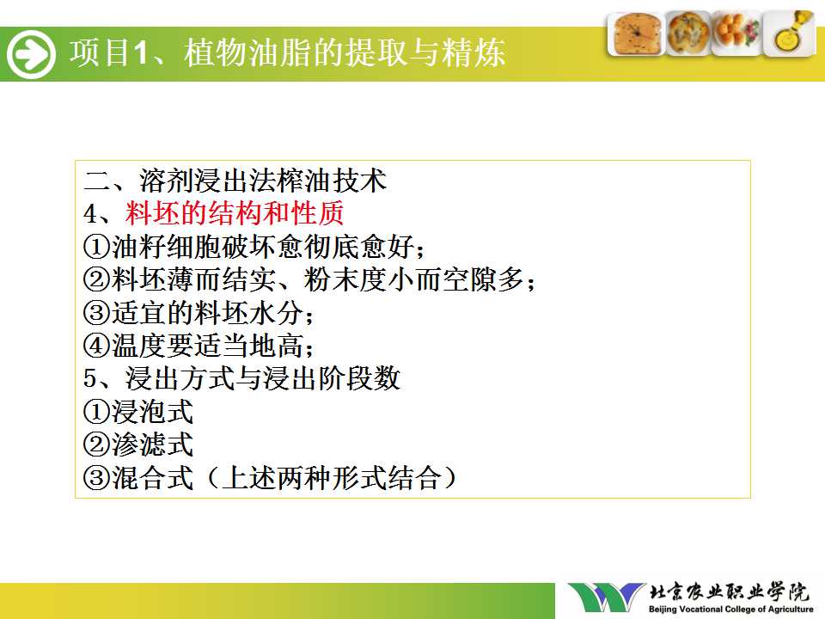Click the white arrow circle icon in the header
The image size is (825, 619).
coord(31,53)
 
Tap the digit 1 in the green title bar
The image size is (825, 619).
coord(140,53)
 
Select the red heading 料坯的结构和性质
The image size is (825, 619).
coord(234,213)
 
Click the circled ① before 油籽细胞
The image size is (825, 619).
coord(97,247)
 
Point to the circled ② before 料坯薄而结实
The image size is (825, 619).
coord(97,279)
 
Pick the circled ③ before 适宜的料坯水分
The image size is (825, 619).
coord(97,313)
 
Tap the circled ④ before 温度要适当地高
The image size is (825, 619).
coord(97,346)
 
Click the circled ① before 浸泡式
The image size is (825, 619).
coord(97,412)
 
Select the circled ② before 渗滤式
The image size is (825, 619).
coord(97,444)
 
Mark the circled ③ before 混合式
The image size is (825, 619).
coord(97,478)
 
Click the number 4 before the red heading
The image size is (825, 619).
coord(90,214)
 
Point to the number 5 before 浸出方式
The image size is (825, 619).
coord(90,379)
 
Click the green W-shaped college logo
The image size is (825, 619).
coord(607,598)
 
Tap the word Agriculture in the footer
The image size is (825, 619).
coord(791,610)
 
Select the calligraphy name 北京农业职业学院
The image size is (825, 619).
coord(729,592)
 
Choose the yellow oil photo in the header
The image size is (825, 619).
coord(789,34)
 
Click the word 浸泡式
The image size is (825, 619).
coord(152,412)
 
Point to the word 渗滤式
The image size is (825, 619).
coord(152,444)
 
